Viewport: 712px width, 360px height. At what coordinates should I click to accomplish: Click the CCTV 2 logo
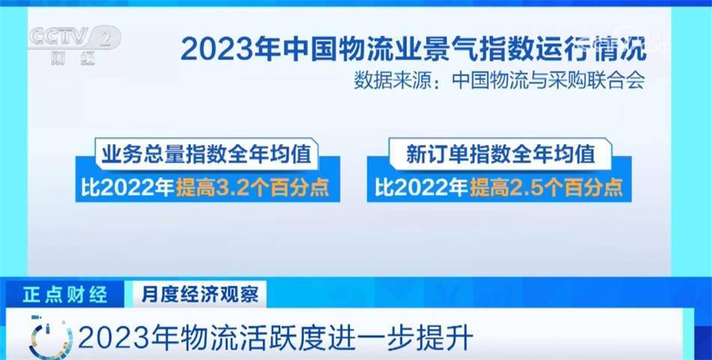(76, 44)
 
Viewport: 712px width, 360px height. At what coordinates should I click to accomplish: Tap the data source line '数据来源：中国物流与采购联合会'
(499, 81)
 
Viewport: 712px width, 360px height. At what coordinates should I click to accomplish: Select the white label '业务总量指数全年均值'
(207, 154)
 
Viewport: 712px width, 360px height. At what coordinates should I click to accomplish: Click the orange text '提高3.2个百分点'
(253, 187)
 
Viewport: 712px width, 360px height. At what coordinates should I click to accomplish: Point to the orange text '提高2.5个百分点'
(546, 187)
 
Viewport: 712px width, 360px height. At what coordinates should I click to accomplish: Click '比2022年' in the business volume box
(127, 187)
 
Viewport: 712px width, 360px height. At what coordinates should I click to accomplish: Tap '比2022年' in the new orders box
(421, 187)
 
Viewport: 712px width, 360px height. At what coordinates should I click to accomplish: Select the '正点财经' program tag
(65, 295)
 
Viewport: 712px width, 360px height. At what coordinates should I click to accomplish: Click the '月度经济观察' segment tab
(200, 295)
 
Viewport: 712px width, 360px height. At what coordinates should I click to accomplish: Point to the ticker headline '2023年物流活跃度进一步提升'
(276, 339)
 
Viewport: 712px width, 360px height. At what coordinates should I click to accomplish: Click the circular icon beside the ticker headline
(50, 337)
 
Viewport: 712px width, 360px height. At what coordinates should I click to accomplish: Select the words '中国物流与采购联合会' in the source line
(549, 81)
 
